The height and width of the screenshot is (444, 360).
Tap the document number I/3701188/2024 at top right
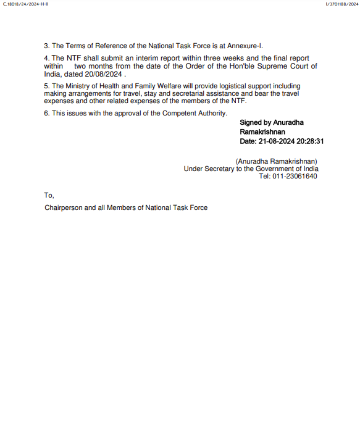click(341, 4)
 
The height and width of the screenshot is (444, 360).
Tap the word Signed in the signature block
click(251, 123)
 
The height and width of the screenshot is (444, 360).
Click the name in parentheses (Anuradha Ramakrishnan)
click(276, 161)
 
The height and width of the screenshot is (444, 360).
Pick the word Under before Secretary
click(194, 169)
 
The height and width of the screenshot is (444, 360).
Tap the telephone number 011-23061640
click(296, 176)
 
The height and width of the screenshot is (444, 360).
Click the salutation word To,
click(49, 195)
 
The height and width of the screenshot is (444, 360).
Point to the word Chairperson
click(63, 207)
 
